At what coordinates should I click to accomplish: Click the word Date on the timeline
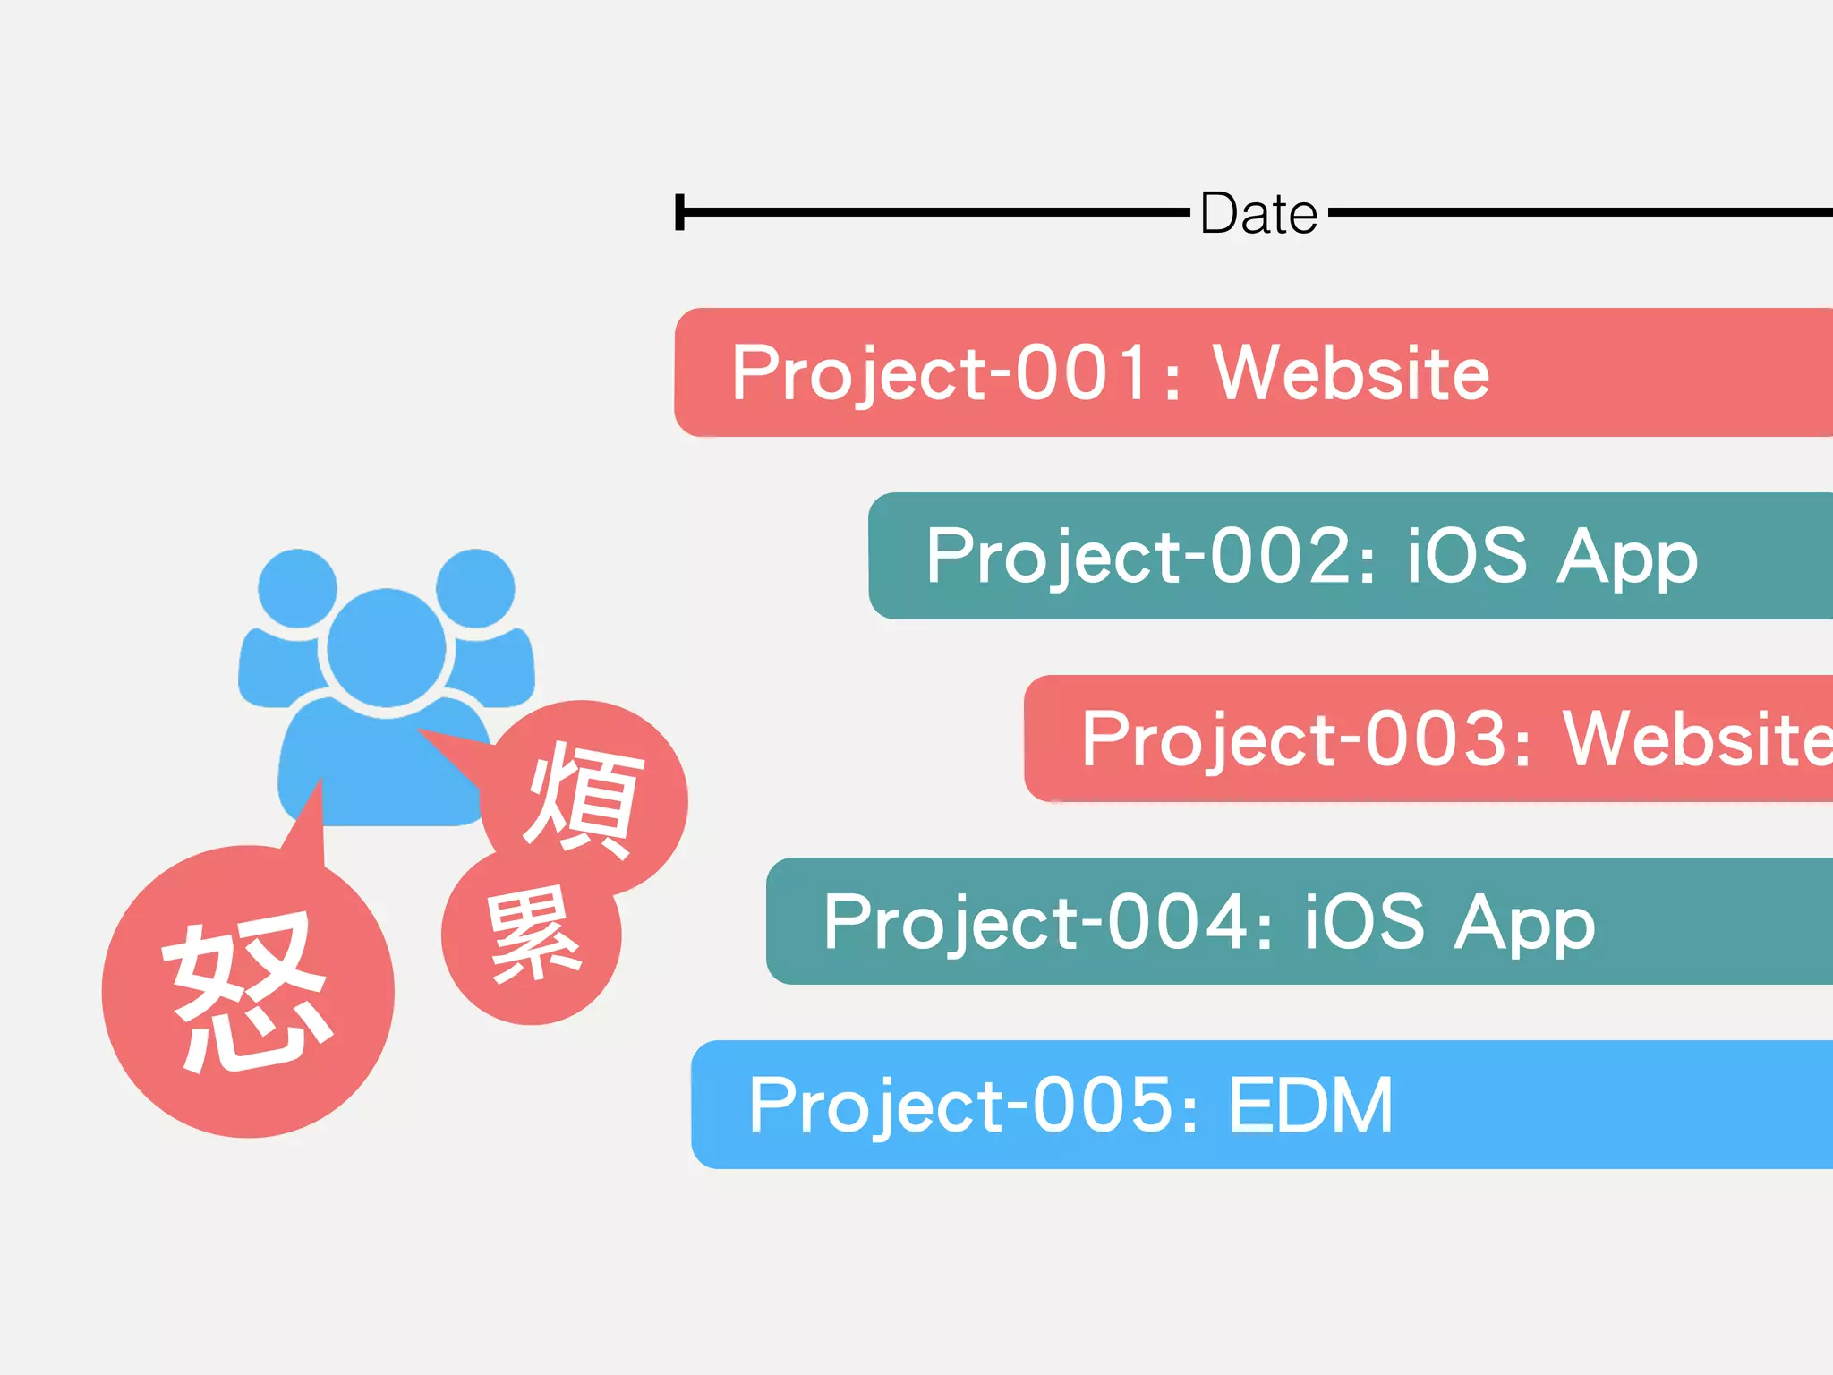pyautogui.click(x=1258, y=214)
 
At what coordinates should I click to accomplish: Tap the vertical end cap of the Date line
pyautogui.click(x=680, y=212)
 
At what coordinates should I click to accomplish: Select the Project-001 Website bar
pyautogui.click(x=1253, y=372)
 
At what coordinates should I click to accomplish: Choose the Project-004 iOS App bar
pyautogui.click(x=1298, y=921)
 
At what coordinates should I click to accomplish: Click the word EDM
pyautogui.click(x=1310, y=1106)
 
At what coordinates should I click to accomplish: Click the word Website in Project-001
pyautogui.click(x=1351, y=372)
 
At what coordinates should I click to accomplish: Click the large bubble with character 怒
pyautogui.click(x=248, y=992)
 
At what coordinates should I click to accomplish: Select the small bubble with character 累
pyautogui.click(x=532, y=935)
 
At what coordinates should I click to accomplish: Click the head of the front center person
pyautogui.click(x=386, y=646)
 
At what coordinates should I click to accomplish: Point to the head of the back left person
pyautogui.click(x=297, y=588)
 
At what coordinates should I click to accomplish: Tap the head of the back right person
pyautogui.click(x=475, y=588)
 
